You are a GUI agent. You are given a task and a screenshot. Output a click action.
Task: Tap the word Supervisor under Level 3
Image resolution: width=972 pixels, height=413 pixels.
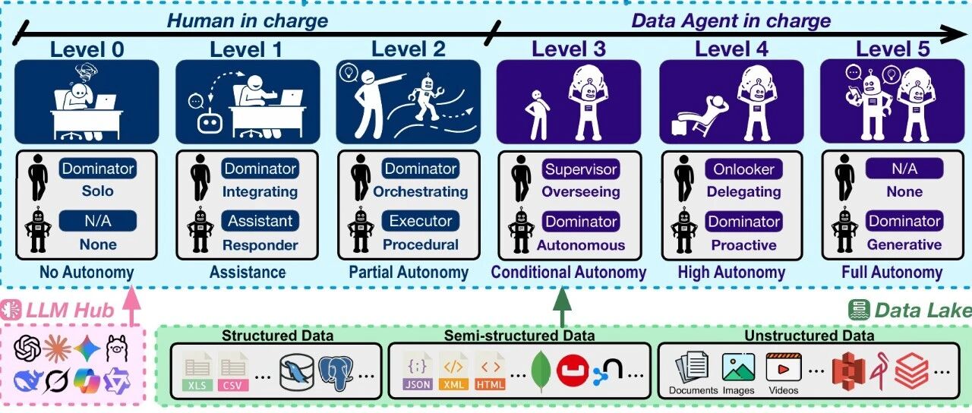point(582,169)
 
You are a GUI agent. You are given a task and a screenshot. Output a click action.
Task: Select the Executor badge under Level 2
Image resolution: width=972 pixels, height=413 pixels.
point(420,221)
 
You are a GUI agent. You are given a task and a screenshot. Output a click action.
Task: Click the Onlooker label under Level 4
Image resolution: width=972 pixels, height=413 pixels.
point(743,169)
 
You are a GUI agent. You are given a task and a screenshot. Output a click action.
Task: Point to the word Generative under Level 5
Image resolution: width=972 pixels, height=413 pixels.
point(904,244)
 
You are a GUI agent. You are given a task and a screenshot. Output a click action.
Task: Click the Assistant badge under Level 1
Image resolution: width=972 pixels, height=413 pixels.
point(260,221)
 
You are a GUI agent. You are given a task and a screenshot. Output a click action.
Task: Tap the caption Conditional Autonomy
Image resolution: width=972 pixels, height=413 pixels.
point(569,272)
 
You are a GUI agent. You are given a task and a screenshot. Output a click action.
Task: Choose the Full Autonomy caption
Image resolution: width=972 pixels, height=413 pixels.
point(892,272)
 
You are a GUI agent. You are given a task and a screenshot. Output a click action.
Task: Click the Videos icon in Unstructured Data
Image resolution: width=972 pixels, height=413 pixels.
point(782,368)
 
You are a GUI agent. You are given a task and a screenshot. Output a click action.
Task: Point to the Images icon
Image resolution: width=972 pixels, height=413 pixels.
point(738,368)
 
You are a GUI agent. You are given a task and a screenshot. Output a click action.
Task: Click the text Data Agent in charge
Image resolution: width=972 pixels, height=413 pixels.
point(731,20)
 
